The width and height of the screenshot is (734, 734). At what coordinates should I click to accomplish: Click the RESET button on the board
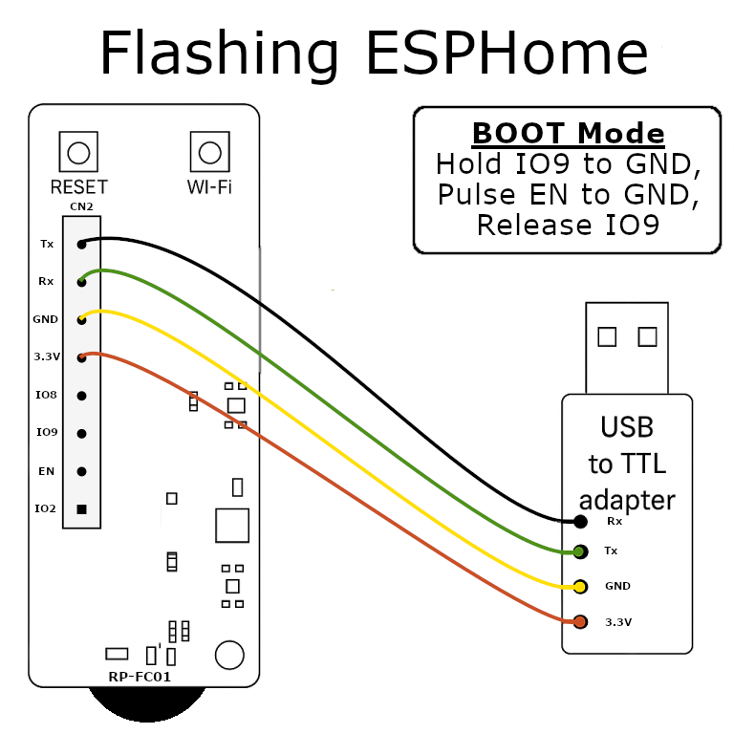coord(78,152)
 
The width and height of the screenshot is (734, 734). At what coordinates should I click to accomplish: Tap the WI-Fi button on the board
coord(209,152)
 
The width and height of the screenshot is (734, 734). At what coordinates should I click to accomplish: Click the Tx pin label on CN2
coord(47,244)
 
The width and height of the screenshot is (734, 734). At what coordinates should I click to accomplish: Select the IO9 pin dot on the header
coord(82,433)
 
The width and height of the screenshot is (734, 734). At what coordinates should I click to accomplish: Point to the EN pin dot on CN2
coord(82,471)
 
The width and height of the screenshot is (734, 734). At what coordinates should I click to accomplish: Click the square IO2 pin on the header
coord(82,508)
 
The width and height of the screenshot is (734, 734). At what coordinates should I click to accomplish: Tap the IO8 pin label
coord(47,395)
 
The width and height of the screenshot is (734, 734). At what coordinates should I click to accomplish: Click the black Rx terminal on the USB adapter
coord(580,522)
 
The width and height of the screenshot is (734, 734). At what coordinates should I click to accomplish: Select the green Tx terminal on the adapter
coord(580,551)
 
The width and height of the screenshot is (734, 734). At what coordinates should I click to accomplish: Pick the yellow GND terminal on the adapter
coord(580,586)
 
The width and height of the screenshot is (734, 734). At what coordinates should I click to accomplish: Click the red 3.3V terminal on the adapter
coord(580,622)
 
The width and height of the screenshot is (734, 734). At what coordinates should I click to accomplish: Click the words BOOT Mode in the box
coord(568,133)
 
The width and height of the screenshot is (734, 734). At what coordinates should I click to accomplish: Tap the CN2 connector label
coord(81,206)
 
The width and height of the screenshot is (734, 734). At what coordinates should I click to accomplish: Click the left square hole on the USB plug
coord(606,336)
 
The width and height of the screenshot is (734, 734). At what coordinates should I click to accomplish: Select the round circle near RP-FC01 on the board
coord(229,655)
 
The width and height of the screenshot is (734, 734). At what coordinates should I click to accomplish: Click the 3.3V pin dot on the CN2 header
coord(82,357)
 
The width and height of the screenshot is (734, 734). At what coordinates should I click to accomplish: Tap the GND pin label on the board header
coord(46,319)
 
